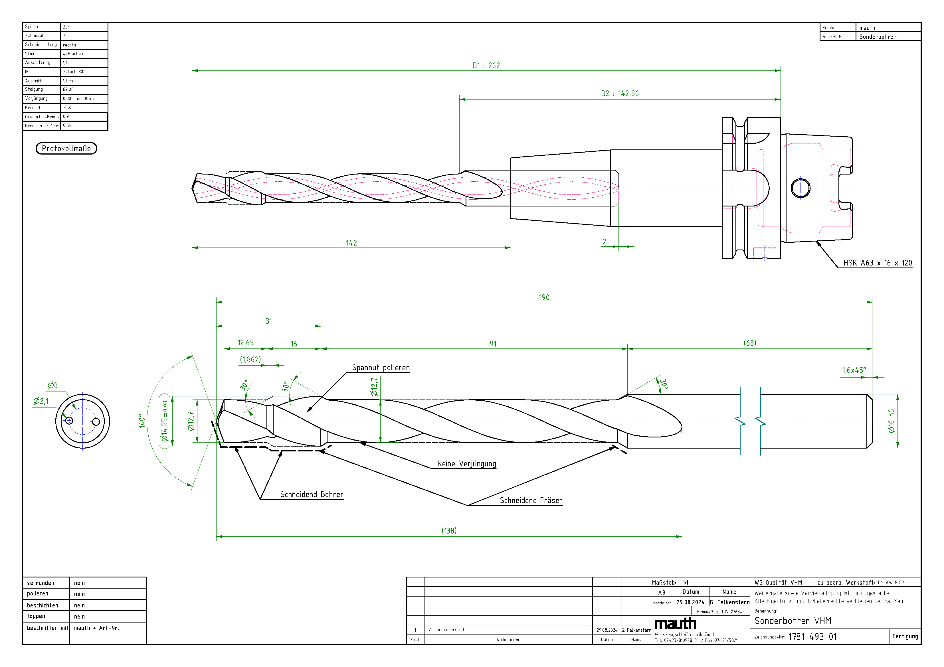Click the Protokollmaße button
click(66, 148)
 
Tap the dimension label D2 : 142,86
click(620, 94)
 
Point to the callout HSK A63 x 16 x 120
click(878, 263)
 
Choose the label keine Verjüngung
click(467, 464)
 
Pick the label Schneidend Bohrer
click(312, 495)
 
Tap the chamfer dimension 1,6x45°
click(854, 370)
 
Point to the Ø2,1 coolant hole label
click(41, 401)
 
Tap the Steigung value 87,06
click(68, 90)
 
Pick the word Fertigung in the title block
click(905, 636)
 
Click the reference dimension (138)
click(449, 531)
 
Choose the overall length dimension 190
click(544, 297)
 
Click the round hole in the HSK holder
click(801, 188)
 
